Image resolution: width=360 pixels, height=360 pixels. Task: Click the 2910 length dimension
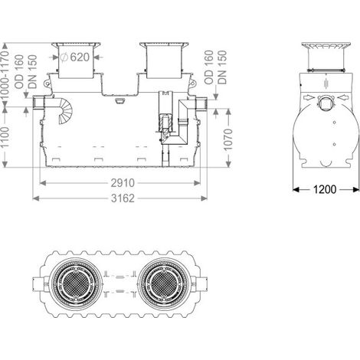[x=123, y=183]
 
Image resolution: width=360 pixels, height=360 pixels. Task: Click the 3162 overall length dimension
[x=123, y=198]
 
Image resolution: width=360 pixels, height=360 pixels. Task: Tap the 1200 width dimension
[x=325, y=189]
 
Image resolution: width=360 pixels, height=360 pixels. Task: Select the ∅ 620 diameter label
[x=75, y=57]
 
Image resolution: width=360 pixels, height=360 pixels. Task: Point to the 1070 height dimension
[x=228, y=139]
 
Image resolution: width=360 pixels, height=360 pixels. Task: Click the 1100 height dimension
[x=5, y=136]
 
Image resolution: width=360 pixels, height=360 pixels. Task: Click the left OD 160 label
[x=19, y=72]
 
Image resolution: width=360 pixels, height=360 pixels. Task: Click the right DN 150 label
[x=222, y=67]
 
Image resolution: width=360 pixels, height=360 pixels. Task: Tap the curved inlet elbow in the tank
[x=64, y=110]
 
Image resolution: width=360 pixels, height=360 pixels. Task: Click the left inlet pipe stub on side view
[x=38, y=103]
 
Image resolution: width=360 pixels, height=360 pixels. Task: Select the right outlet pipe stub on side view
[x=201, y=103]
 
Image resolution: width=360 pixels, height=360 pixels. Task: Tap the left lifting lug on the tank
[x=47, y=83]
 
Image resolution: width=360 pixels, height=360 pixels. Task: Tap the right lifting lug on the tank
[x=193, y=83]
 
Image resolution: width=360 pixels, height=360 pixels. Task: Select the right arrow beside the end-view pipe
[x=342, y=97]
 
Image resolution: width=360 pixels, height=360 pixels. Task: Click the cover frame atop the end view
[x=326, y=46]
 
